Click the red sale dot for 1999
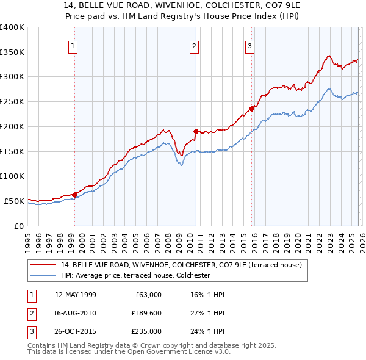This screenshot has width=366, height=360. (74, 195)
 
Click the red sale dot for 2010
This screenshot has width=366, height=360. (196, 131)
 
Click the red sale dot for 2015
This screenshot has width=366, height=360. (251, 109)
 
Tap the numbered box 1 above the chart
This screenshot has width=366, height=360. (73, 45)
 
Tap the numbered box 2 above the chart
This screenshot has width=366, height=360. (194, 45)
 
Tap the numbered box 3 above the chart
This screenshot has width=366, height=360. (250, 45)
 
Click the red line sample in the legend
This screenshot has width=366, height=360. (43, 265)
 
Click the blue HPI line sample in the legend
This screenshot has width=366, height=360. (43, 276)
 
